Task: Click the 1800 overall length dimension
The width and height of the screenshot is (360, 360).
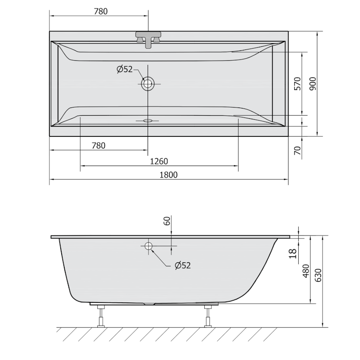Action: click(168, 175)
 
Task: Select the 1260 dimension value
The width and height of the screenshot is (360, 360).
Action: click(159, 162)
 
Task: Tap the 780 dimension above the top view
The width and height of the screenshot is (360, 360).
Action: click(100, 11)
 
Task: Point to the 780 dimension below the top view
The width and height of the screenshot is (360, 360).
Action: click(98, 145)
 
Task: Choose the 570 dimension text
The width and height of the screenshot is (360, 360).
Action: click(297, 84)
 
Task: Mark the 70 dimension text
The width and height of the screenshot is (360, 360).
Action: click(297, 150)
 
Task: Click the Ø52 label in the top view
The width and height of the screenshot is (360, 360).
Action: click(124, 69)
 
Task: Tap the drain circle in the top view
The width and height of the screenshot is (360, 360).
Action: click(148, 83)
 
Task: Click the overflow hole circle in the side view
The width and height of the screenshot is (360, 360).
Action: click(148, 246)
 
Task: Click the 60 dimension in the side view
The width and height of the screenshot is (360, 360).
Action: click(167, 221)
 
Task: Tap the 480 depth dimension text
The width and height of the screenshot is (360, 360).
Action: click(306, 271)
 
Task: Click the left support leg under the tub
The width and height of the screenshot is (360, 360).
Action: click(102, 315)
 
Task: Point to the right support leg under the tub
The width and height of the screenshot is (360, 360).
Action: click(208, 315)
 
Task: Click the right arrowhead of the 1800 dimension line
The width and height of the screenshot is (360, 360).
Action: click(286, 179)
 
